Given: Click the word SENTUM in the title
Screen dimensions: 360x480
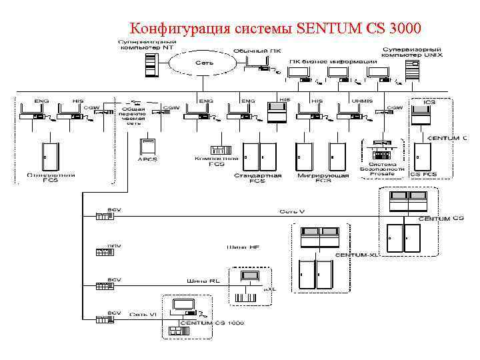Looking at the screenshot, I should click(329, 29).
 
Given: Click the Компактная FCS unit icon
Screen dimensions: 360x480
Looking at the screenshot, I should click(217, 149).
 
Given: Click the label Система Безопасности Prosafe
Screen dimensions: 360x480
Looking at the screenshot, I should click(382, 169).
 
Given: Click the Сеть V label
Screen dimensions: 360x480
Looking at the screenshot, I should click(292, 211).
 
